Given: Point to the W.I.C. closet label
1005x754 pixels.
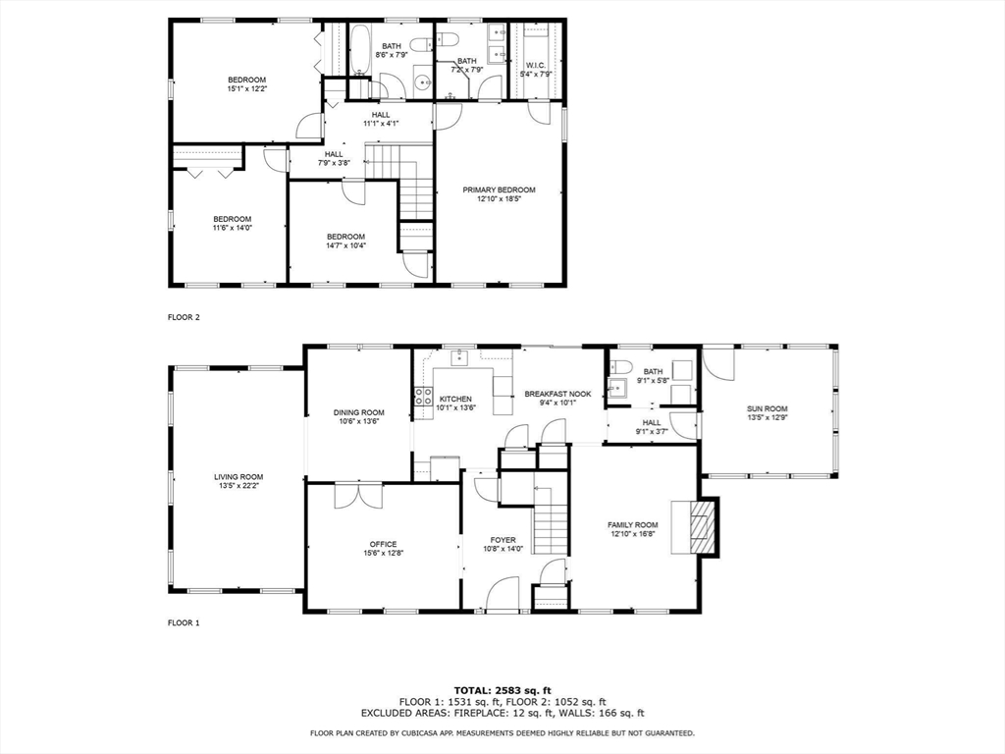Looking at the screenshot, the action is (535, 66).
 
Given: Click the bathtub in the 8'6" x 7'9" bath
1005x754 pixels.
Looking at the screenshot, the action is (359, 49).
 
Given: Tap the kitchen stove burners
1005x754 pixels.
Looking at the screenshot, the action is (422, 397).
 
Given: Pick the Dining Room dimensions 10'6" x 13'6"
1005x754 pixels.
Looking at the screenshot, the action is (359, 421).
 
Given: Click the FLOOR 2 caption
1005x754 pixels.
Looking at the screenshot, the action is (184, 317).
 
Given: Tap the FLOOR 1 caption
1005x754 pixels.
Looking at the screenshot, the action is (184, 622).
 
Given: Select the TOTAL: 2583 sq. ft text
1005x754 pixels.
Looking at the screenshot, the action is (502, 690).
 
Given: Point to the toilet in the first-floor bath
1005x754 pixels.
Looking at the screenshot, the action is (620, 367).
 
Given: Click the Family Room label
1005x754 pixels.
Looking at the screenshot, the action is (633, 525).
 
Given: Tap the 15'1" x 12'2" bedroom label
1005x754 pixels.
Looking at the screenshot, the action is (246, 84).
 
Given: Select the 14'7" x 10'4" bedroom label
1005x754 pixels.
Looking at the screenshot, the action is (345, 241).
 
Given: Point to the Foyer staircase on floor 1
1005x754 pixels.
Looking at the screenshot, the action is (552, 520).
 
